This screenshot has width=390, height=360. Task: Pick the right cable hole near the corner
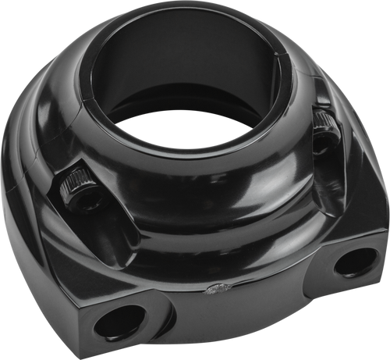tap(349, 263)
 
